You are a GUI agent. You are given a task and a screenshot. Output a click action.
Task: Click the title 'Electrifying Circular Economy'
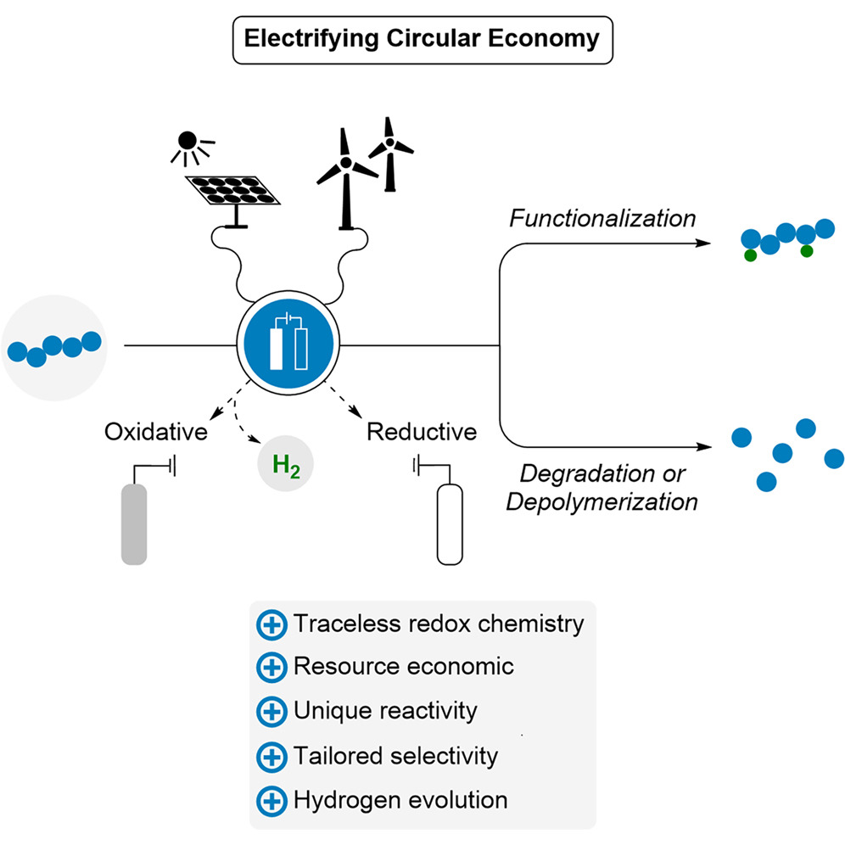(422, 39)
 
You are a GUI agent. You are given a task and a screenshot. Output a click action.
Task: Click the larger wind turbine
(346, 178)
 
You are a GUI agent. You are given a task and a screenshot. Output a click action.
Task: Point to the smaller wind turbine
(390, 154)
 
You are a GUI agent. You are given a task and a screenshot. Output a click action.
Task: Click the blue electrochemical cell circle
(288, 344)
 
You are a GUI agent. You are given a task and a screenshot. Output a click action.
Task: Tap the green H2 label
(286, 465)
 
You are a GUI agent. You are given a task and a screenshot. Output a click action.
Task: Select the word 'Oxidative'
(156, 432)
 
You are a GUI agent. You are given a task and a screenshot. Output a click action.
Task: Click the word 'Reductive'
(422, 432)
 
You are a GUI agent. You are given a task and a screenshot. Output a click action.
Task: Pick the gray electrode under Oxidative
(134, 523)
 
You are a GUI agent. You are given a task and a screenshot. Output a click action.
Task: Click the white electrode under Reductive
(450, 524)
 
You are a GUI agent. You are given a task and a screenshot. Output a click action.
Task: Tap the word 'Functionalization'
(602, 218)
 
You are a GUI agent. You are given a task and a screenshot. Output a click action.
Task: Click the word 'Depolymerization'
(602, 502)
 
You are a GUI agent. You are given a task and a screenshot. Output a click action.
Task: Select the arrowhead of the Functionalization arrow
(703, 243)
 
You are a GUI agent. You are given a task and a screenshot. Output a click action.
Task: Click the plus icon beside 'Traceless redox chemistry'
(271, 625)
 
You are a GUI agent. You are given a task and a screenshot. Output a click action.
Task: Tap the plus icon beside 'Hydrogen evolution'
(271, 802)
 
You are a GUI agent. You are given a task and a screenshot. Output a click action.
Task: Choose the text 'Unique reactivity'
(385, 711)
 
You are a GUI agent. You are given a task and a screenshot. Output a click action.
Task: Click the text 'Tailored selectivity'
(395, 756)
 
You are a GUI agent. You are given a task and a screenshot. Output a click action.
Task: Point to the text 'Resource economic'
(404, 666)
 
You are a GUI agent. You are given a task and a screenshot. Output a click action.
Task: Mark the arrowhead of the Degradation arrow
(704, 447)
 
